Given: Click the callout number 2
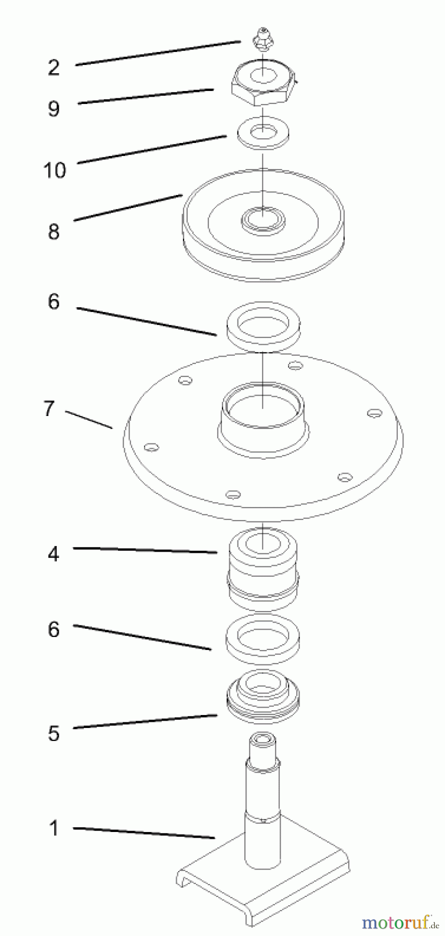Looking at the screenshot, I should tap(54, 67).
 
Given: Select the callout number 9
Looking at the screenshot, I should tap(54, 109).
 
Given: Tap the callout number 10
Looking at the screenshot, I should tap(55, 170).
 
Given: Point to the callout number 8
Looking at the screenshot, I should tap(54, 231).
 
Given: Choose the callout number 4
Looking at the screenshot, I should tap(54, 554).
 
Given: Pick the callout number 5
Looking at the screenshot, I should tap(54, 733).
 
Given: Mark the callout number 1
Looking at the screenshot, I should tap(54, 828).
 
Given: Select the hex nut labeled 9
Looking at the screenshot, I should tap(264, 86).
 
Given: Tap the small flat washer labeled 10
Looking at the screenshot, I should tap(263, 133).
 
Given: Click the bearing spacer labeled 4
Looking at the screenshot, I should tap(263, 569).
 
